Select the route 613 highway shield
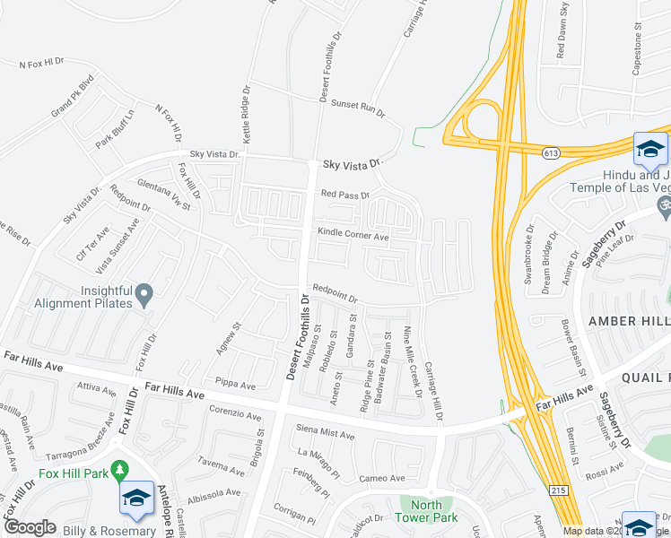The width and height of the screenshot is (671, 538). coord(550,154)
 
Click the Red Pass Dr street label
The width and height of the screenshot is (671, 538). coord(345,195)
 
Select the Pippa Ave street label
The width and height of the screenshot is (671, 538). coord(236,385)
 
